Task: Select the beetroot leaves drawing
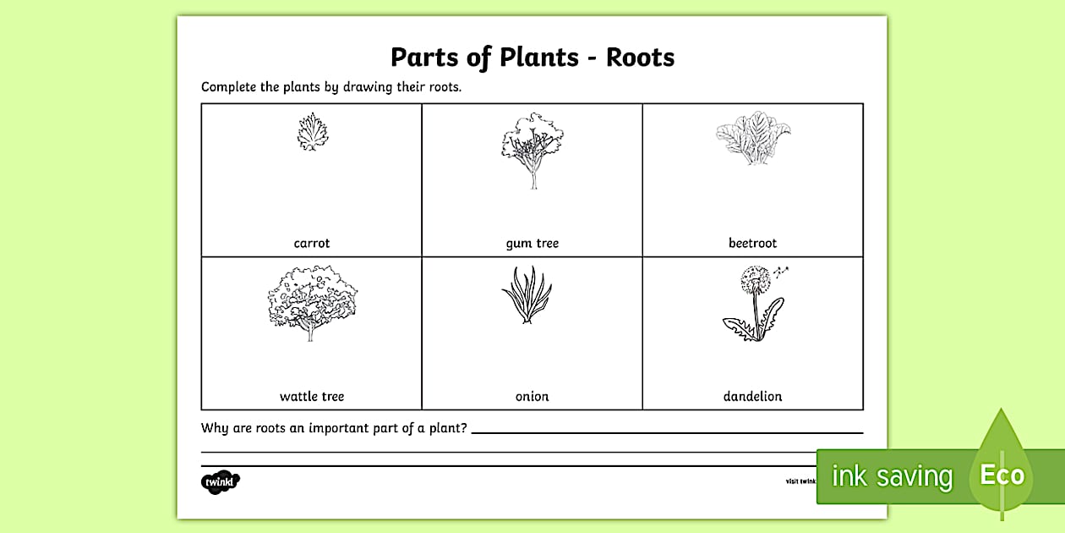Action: [x=752, y=140]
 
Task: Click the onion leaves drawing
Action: [x=527, y=296]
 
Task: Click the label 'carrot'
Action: [x=312, y=244]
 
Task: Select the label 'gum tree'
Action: [x=532, y=244]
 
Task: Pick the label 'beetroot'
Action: [x=752, y=244]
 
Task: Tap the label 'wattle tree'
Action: [x=312, y=396]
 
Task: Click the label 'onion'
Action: [x=532, y=396]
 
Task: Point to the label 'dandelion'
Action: [x=752, y=396]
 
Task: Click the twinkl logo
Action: [x=221, y=482]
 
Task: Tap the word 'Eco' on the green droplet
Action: [x=1002, y=475]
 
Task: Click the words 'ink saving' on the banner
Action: [x=892, y=476]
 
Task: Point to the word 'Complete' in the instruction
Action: [x=229, y=87]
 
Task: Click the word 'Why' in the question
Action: [x=215, y=428]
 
